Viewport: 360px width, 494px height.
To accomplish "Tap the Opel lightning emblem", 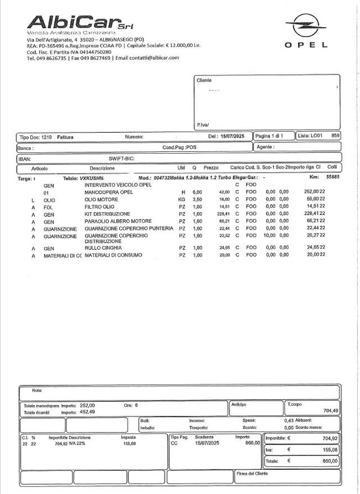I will (x=305, y=26).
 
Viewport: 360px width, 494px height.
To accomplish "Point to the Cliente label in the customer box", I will (x=204, y=80).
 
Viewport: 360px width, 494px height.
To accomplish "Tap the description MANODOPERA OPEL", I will (x=109, y=192).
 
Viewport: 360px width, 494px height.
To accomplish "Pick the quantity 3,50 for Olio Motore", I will (x=197, y=199).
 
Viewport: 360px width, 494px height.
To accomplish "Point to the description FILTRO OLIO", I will (x=100, y=206).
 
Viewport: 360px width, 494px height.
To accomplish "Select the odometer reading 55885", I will (x=333, y=178).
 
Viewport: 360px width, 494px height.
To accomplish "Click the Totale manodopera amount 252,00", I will (x=87, y=405).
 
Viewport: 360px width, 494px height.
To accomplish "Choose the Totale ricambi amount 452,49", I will (x=88, y=412).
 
